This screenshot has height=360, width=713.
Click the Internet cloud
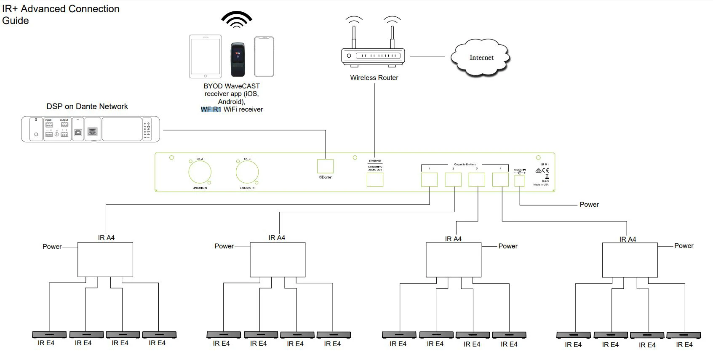[481, 58]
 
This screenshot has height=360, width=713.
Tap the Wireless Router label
[374, 78]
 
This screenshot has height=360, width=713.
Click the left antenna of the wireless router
[354, 35]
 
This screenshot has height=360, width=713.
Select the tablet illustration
[205, 56]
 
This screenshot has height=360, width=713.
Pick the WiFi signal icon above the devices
[237, 19]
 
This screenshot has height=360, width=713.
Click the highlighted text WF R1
[211, 109]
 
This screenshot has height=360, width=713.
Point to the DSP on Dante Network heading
[87, 107]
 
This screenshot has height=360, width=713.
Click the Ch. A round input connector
[200, 172]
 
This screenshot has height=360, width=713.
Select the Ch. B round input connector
[247, 172]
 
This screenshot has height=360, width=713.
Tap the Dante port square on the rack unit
[325, 166]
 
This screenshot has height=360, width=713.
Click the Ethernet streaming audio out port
[375, 180]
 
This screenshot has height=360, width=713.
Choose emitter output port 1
[430, 180]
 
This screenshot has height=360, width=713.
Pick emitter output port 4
[500, 180]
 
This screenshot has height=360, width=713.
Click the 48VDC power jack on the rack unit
[520, 181]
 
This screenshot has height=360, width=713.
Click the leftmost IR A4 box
[105, 259]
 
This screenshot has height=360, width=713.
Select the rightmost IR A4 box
[630, 260]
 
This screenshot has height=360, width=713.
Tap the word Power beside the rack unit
[589, 205]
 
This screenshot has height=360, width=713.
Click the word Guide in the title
[16, 21]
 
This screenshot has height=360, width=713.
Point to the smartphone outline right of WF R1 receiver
[264, 56]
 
